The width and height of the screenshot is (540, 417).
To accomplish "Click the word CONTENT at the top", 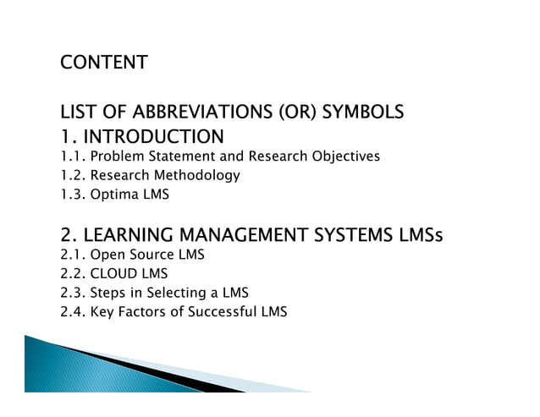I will tap(103, 63).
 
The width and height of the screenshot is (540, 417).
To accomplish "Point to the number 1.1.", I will tap(72, 156).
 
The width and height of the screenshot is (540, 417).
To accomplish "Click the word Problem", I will tap(115, 156).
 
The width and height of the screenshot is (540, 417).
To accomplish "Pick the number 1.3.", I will tap(72, 195).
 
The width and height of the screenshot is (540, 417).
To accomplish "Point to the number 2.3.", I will tap(72, 294).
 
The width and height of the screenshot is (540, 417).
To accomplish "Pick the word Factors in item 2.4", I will tap(141, 313).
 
